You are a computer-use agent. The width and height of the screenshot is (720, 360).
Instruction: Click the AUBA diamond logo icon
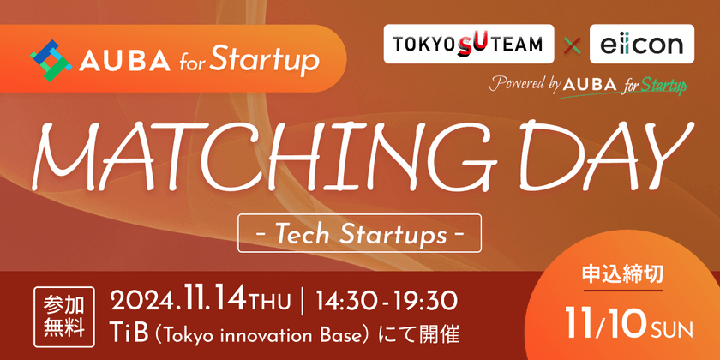50,59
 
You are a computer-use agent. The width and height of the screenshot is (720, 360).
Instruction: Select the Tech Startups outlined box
359,232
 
